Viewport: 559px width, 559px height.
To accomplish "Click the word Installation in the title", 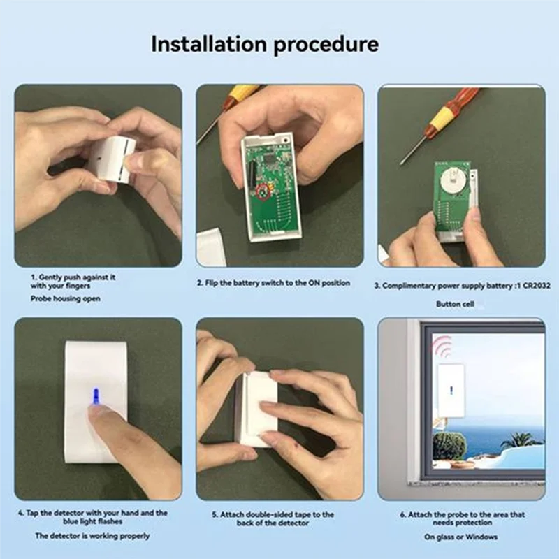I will coord(210,44).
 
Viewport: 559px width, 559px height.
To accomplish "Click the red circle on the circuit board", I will coord(264,191).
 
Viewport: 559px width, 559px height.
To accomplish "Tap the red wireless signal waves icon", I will coord(442,346).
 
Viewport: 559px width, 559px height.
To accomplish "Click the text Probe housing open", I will coord(65,298).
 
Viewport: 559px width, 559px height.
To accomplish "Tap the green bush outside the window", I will coord(449,445).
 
